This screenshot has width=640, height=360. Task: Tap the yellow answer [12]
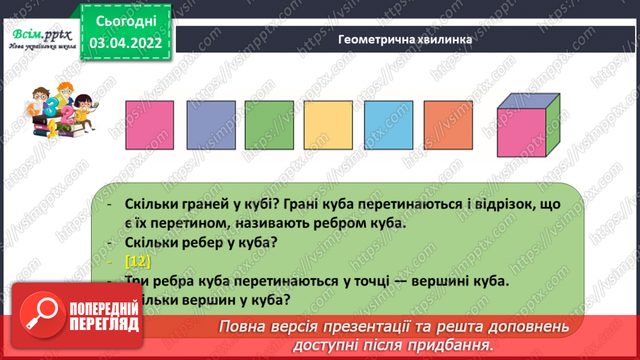pyautogui.click(x=139, y=261)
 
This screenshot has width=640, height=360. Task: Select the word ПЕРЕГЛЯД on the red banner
pyautogui.click(x=106, y=326)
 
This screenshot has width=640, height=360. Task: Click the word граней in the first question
pyautogui.click(x=202, y=204)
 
